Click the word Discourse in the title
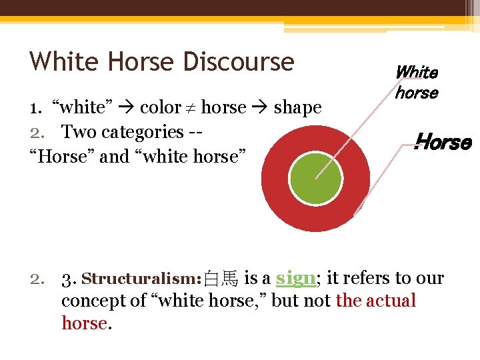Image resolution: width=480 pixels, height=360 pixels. click(238, 61)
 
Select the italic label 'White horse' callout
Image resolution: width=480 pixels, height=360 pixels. click(417, 83)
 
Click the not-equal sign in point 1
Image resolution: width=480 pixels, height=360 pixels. click(191, 107)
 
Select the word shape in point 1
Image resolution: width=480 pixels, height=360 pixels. click(297, 108)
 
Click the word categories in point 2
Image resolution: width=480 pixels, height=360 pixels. click(141, 132)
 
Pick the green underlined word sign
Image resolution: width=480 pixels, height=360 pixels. click(295, 277)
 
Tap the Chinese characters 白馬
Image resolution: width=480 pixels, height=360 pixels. click(221, 279)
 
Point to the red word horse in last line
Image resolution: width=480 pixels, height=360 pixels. click(84, 323)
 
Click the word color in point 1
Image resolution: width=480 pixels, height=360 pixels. click(160, 107)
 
